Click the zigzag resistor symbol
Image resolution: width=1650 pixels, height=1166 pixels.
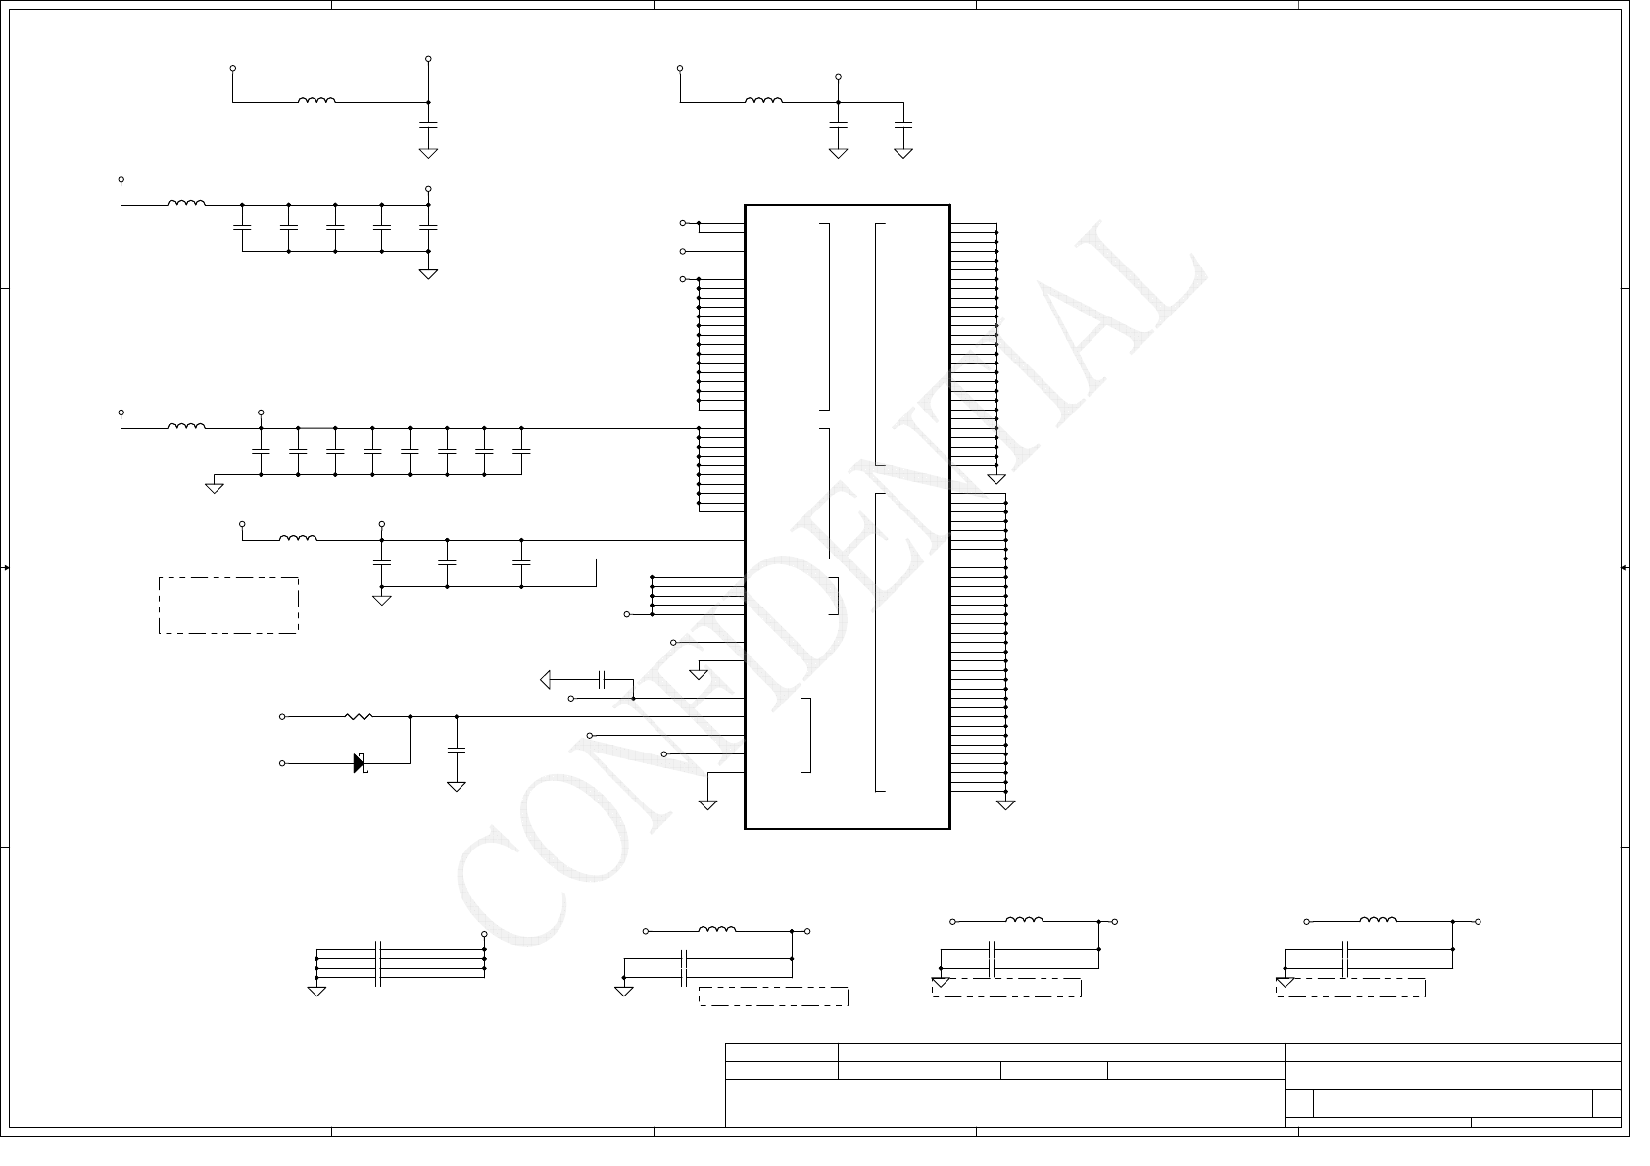(359, 717)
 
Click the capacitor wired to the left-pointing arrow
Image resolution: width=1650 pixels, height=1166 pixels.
(604, 679)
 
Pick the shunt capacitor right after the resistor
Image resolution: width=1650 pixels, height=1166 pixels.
(456, 750)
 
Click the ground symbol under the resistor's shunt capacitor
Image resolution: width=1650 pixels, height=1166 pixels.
(456, 786)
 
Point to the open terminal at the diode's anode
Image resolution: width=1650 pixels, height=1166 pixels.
(283, 763)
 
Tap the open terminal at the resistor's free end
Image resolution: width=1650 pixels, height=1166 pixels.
(283, 717)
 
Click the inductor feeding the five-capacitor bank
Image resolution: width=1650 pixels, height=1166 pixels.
(186, 204)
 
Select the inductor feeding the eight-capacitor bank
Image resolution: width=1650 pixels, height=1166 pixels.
(186, 426)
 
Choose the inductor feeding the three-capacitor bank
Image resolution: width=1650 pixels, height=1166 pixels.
(298, 538)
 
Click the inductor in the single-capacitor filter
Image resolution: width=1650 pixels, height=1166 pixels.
(316, 100)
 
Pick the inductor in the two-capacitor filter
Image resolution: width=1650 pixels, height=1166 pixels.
(763, 100)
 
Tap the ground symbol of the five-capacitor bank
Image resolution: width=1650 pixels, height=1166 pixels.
(428, 274)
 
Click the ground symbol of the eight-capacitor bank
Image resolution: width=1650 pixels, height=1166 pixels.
(215, 487)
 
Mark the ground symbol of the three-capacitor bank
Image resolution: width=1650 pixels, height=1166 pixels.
(382, 600)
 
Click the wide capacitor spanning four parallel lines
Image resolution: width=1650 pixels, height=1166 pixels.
(378, 962)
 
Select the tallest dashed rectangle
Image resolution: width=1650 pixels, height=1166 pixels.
(228, 606)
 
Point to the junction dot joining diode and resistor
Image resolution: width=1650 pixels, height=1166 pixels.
(410, 717)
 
